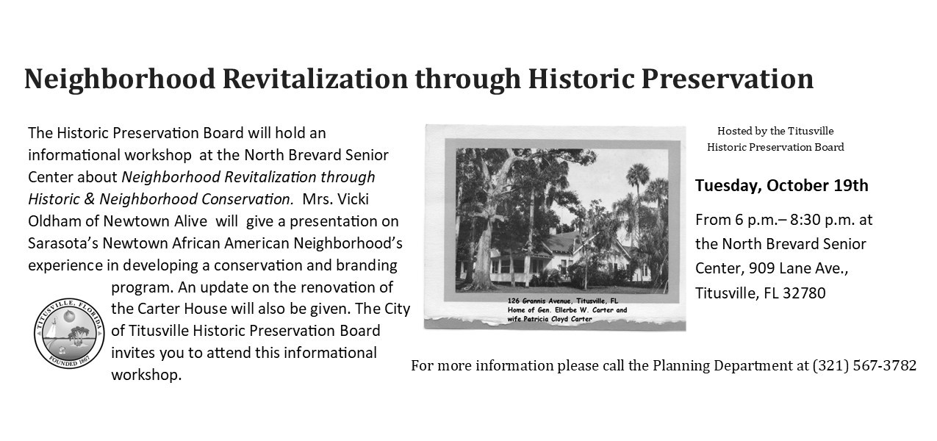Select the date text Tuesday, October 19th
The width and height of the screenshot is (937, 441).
click(781, 185)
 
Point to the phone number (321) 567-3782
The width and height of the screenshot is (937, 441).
click(864, 365)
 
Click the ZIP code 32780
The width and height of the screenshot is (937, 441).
click(804, 293)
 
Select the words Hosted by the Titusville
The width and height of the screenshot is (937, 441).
click(775, 131)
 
